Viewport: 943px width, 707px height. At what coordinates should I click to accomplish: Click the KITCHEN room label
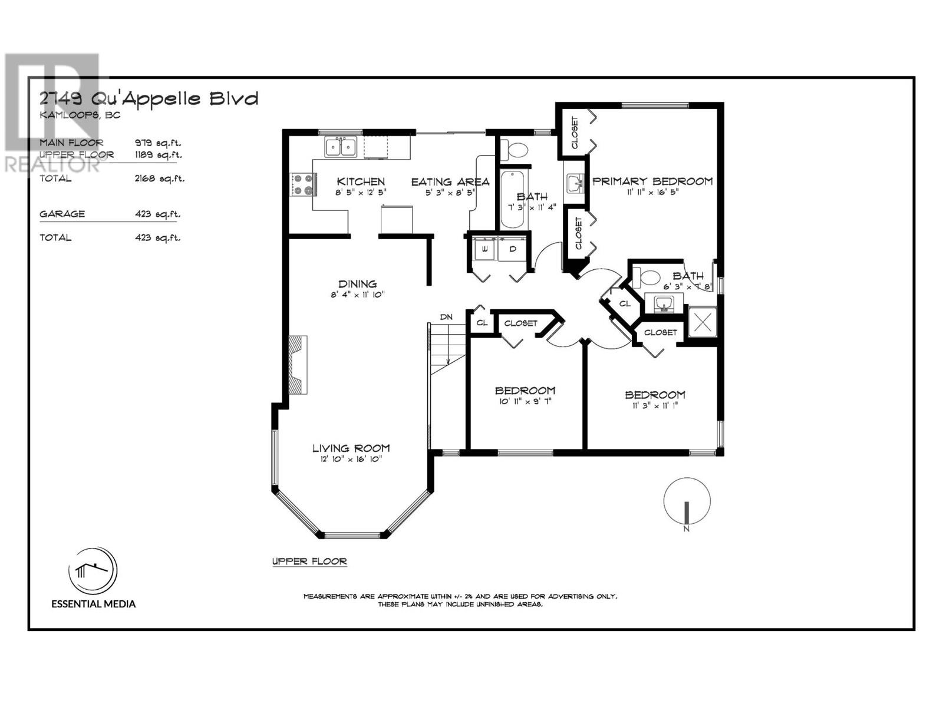pyautogui.click(x=361, y=181)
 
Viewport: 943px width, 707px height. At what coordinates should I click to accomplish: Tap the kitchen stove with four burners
pyautogui.click(x=304, y=184)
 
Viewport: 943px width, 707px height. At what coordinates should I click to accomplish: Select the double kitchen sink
pyautogui.click(x=341, y=147)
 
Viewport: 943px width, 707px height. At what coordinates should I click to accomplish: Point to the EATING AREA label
pyautogui.click(x=450, y=182)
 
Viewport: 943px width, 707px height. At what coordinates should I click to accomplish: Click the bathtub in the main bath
pyautogui.click(x=513, y=200)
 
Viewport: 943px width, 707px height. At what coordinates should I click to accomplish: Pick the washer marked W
pyautogui.click(x=484, y=249)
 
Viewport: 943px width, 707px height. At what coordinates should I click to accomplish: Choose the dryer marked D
pyautogui.click(x=512, y=249)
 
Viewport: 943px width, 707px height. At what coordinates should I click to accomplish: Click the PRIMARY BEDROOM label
pyautogui.click(x=652, y=181)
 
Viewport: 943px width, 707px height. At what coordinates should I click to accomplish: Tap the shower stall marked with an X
pyautogui.click(x=703, y=322)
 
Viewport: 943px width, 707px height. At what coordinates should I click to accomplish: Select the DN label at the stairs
pyautogui.click(x=446, y=317)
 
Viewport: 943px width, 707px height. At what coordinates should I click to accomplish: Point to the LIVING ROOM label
pyautogui.click(x=351, y=448)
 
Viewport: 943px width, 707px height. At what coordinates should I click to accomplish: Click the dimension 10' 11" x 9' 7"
pyautogui.click(x=525, y=402)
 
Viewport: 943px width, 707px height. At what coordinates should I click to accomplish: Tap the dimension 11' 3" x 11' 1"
pyautogui.click(x=655, y=406)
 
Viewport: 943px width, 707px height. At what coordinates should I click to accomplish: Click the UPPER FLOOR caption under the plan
pyautogui.click(x=309, y=561)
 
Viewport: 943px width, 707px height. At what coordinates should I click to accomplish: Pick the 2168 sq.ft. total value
pyautogui.click(x=159, y=179)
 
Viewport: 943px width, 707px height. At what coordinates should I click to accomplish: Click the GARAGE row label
pyautogui.click(x=62, y=214)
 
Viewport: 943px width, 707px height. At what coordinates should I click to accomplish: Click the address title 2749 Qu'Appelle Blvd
pyautogui.click(x=149, y=99)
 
